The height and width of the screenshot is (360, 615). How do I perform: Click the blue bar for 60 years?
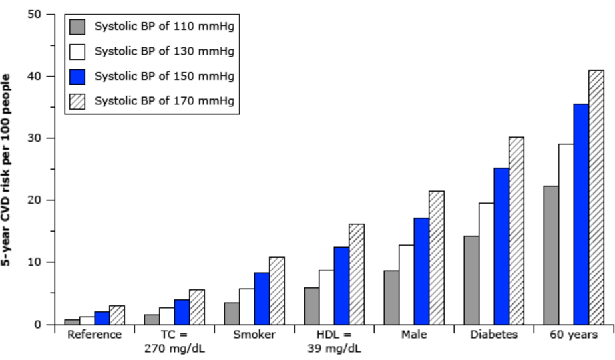point(581,214)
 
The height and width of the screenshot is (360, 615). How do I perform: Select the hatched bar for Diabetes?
point(516,231)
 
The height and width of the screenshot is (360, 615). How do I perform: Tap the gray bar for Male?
point(391,297)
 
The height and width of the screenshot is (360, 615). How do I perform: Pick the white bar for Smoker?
point(247,307)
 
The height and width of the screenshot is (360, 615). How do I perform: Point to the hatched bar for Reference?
point(117,315)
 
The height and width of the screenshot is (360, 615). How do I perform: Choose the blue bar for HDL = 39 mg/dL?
point(341,286)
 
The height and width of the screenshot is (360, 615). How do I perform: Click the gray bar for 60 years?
point(551,256)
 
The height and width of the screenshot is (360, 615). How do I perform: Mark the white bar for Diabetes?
point(487,264)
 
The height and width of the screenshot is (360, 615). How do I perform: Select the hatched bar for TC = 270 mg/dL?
point(197,307)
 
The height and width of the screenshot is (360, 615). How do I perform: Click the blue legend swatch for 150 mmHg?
point(77,76)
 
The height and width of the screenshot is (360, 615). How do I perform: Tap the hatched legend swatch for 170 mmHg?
point(77,101)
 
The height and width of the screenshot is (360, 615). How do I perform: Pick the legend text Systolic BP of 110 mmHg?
point(164,26)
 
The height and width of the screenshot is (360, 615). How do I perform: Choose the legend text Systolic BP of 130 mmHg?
point(164,51)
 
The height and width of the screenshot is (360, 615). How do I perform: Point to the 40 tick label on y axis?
point(35,76)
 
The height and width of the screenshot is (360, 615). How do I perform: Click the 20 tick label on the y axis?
point(35,200)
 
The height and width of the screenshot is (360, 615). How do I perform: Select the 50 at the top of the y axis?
point(35,14)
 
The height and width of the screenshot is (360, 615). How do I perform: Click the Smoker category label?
point(254,335)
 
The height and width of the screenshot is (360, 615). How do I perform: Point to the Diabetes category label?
point(494,335)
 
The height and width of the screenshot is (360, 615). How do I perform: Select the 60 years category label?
point(574,335)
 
